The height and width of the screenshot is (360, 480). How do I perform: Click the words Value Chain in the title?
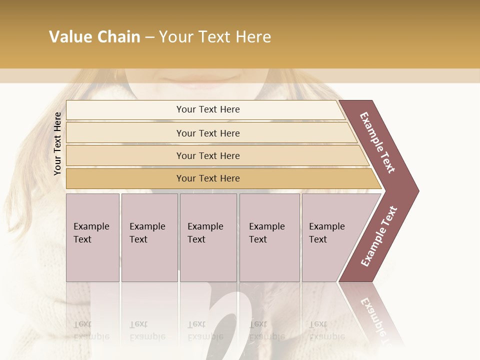[x=94, y=37]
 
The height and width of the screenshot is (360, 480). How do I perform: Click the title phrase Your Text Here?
[x=215, y=37]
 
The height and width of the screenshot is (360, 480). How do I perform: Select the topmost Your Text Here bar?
[x=208, y=109]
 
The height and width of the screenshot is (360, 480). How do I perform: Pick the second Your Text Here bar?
[x=208, y=133]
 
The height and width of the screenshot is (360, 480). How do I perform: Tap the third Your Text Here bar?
[x=208, y=155]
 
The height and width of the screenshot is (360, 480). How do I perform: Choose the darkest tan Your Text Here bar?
[x=208, y=178]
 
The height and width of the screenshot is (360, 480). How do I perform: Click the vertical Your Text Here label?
[x=57, y=143]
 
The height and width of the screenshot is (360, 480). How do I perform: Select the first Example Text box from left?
[x=92, y=237]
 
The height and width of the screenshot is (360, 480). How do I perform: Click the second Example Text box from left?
[x=149, y=237]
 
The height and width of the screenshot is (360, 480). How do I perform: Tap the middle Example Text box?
[x=208, y=237]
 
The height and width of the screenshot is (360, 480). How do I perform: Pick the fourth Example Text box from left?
[x=269, y=237]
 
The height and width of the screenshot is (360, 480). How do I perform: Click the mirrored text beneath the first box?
[x=91, y=330]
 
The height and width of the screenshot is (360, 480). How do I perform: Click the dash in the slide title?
[x=149, y=37]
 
